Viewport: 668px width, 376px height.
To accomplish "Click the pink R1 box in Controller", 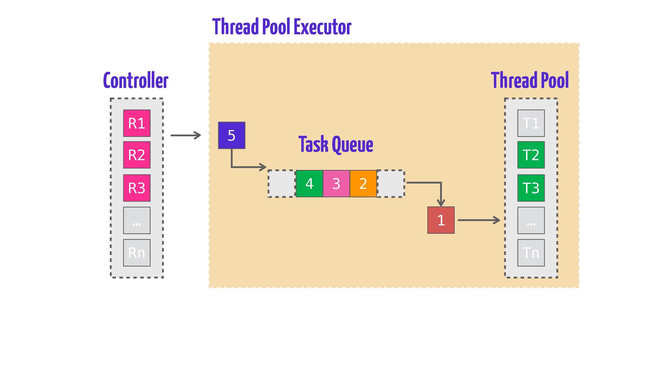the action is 137,123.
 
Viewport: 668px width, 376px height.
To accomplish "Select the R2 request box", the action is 137,155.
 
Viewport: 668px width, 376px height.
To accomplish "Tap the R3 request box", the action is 137,188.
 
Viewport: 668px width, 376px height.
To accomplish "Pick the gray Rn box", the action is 137,253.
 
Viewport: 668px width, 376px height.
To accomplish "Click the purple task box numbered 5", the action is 232,135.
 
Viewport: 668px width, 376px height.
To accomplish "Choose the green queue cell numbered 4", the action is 309,183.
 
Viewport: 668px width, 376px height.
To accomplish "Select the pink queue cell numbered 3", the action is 336,183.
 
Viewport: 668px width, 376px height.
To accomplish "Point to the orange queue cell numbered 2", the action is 363,183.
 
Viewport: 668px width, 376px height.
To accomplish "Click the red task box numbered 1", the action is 441,220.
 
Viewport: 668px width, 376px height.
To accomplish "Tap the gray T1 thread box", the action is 531,123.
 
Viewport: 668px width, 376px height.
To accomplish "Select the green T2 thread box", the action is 531,155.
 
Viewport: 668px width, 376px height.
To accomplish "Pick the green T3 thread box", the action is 531,188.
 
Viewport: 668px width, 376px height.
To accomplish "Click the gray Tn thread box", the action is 531,253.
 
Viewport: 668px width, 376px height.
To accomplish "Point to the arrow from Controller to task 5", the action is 186,135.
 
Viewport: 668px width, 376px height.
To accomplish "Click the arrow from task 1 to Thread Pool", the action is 479,220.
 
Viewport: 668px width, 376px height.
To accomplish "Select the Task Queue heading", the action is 336,144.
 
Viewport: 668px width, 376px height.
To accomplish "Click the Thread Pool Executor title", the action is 282,27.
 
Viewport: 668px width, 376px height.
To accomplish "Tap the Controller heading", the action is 136,80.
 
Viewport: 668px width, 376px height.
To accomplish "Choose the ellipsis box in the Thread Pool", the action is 531,220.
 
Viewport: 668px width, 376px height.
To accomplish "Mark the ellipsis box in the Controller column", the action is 137,220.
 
